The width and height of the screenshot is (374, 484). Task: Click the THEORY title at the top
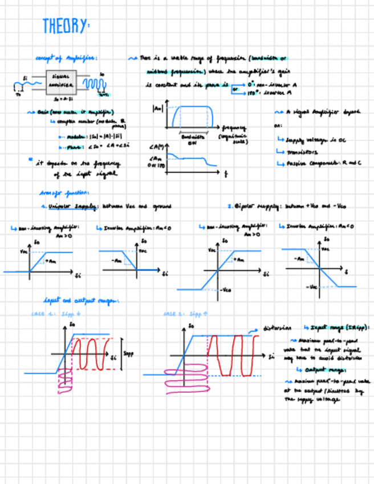click(66, 26)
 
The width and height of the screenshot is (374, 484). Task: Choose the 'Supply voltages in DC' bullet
click(311, 140)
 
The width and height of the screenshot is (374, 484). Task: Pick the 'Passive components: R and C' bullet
click(319, 163)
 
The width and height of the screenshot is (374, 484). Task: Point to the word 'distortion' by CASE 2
click(278, 328)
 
